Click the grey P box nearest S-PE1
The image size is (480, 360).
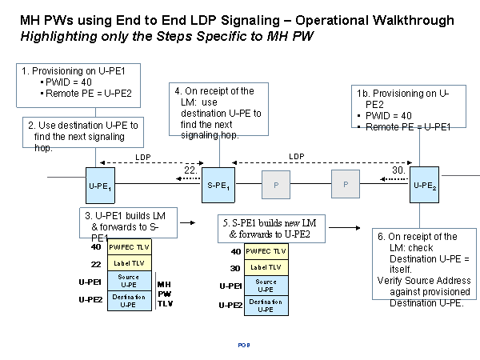coord(276,185)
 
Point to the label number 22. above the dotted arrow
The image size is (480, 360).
coord(191,170)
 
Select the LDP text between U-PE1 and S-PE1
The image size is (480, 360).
coord(143,158)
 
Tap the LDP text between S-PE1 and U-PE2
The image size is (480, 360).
coord(297,158)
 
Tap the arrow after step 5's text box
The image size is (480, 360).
coord(344,227)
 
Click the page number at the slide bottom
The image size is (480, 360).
coord(244,344)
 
